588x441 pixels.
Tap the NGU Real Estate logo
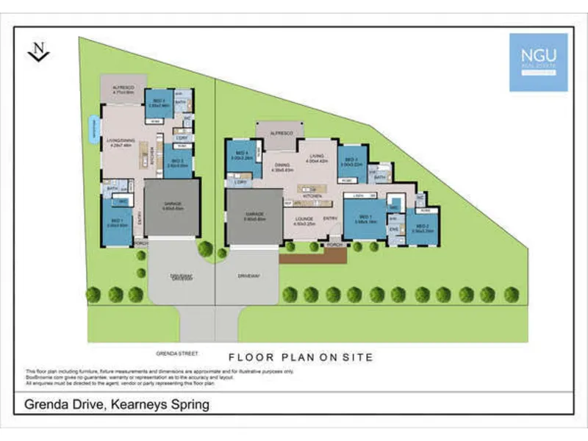(538, 62)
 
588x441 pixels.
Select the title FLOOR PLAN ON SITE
(301, 357)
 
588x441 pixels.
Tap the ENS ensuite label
(394, 230)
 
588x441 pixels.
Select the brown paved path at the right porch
(312, 256)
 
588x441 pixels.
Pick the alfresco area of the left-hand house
(123, 90)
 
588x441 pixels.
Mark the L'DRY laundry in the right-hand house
(240, 182)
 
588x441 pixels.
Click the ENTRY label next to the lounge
(330, 218)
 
